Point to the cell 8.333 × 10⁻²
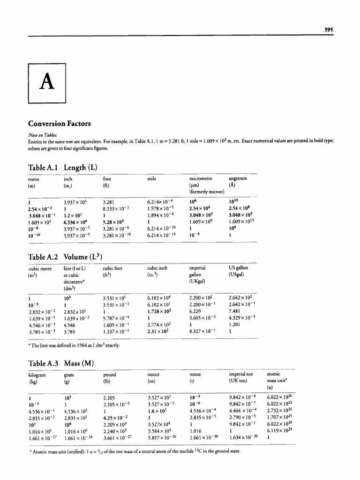click(115, 208)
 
